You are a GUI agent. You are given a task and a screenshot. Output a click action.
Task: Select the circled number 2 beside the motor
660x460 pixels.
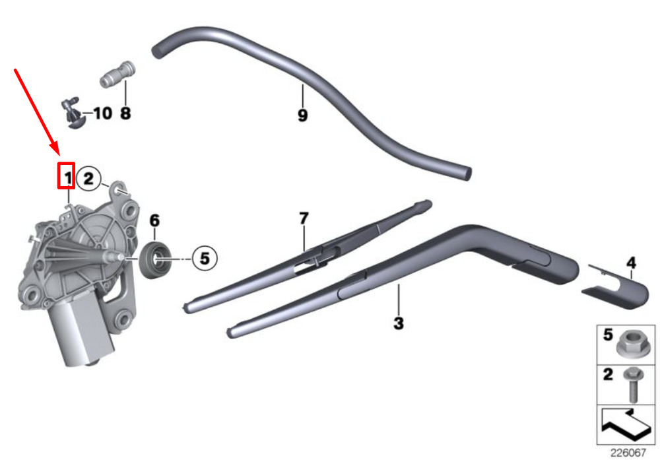[88, 178]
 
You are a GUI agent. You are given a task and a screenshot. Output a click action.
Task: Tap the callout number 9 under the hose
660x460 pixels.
[303, 115]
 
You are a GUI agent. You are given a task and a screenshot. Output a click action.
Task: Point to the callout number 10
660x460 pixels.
[103, 114]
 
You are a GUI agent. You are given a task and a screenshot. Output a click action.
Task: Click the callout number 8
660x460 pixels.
[125, 113]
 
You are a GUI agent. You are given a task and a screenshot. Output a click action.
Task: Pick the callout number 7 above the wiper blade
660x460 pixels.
[304, 218]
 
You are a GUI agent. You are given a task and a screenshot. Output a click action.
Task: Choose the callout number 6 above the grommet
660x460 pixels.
[154, 220]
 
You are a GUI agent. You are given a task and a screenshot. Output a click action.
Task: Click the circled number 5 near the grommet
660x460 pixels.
[205, 258]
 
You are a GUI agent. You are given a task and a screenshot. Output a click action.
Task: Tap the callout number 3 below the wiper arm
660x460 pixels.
[398, 323]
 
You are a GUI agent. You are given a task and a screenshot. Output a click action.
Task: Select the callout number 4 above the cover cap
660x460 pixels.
[631, 263]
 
